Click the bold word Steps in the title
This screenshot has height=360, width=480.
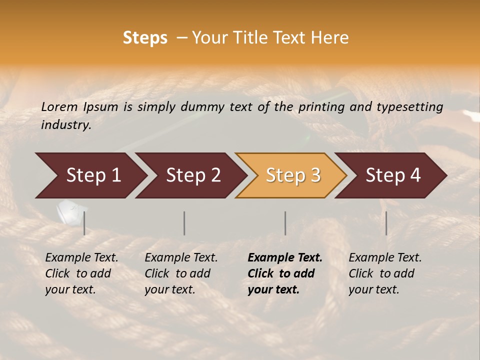(x=145, y=38)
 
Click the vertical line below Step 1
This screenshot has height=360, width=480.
(x=84, y=223)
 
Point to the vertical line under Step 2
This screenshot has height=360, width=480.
(x=184, y=223)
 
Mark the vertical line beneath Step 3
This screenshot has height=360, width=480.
(x=285, y=223)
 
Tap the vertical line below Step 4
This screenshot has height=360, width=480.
(x=386, y=223)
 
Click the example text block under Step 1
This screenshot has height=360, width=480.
(x=81, y=273)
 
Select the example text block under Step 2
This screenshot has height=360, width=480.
(x=181, y=273)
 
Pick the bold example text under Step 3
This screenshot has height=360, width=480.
(x=285, y=273)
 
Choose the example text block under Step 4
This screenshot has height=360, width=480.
(x=385, y=273)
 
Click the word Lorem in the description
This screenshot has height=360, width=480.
(x=59, y=106)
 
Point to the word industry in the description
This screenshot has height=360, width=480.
(x=66, y=124)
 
